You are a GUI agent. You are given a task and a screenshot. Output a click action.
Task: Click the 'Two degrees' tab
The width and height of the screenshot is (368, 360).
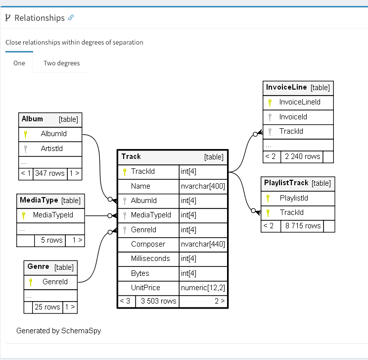pos(61,63)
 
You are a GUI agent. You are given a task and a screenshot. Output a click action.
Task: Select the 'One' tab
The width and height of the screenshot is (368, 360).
pos(19,63)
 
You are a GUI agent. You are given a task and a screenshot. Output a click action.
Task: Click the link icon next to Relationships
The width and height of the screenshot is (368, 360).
pos(71,18)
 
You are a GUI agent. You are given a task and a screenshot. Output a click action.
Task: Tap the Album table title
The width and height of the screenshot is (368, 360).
pos(33,119)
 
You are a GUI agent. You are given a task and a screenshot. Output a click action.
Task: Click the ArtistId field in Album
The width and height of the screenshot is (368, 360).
pos(52,149)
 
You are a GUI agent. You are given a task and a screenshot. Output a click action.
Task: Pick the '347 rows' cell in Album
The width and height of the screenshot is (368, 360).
pos(49,173)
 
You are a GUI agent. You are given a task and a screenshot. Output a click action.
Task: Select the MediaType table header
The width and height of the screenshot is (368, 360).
pos(39,200)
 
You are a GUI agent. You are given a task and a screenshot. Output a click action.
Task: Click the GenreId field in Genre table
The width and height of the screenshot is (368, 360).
pos(55,282)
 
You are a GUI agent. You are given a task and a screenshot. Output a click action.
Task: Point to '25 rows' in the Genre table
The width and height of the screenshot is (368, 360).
pos(47,307)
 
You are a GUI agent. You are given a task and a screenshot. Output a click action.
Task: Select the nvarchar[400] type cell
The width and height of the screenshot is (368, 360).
pos(203,186)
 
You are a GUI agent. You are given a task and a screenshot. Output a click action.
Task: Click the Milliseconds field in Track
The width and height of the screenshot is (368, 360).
pos(150,258)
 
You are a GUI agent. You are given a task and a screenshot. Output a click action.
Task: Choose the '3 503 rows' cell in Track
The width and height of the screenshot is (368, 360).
pos(158,301)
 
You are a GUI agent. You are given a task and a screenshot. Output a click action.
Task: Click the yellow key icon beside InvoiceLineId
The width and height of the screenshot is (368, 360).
pos(270,103)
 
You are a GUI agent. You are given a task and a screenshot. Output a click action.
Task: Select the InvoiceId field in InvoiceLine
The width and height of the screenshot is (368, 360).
pos(293,117)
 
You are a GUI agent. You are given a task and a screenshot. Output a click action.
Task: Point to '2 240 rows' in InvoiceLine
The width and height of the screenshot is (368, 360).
pos(302,156)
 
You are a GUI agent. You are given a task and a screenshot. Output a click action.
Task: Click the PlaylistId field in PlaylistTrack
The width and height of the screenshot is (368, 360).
pos(294,198)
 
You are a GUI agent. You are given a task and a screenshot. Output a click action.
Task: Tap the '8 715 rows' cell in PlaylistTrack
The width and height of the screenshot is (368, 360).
pos(303,226)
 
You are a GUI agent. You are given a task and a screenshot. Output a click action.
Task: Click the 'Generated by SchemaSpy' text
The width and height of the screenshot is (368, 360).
pos(58,330)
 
